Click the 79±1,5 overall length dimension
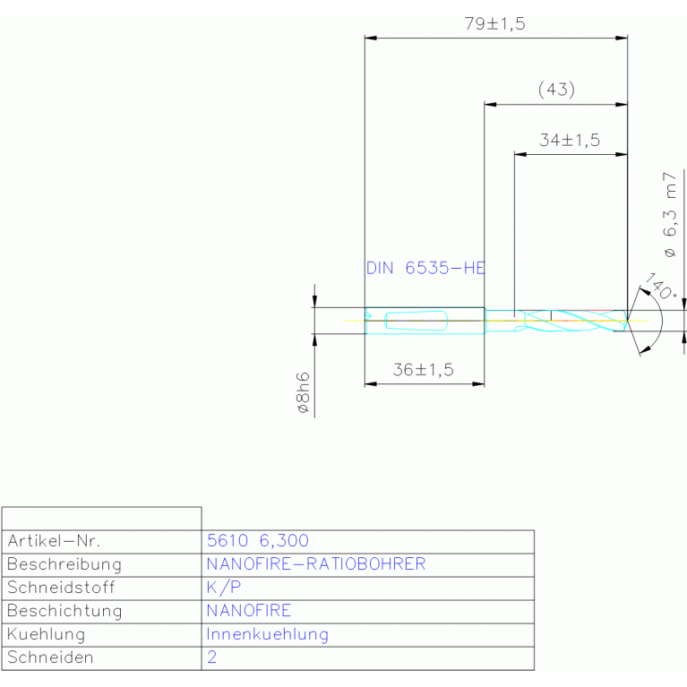(494, 23)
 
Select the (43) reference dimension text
(556, 90)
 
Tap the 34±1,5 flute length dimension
(570, 141)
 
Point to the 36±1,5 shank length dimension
(424, 370)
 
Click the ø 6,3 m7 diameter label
(670, 215)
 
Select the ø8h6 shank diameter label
(303, 392)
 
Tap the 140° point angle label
(661, 286)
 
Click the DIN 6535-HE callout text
(425, 268)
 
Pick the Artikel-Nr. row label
(54, 541)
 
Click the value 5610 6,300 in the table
(258, 541)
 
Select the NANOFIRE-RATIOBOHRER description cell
(316, 564)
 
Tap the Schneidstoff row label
(61, 588)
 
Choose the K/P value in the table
(224, 587)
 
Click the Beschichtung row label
(64, 611)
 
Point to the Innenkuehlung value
(267, 634)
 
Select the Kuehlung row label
(46, 634)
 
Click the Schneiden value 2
(212, 657)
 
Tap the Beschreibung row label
(64, 564)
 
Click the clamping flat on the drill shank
(416, 321)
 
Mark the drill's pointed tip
(627, 321)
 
